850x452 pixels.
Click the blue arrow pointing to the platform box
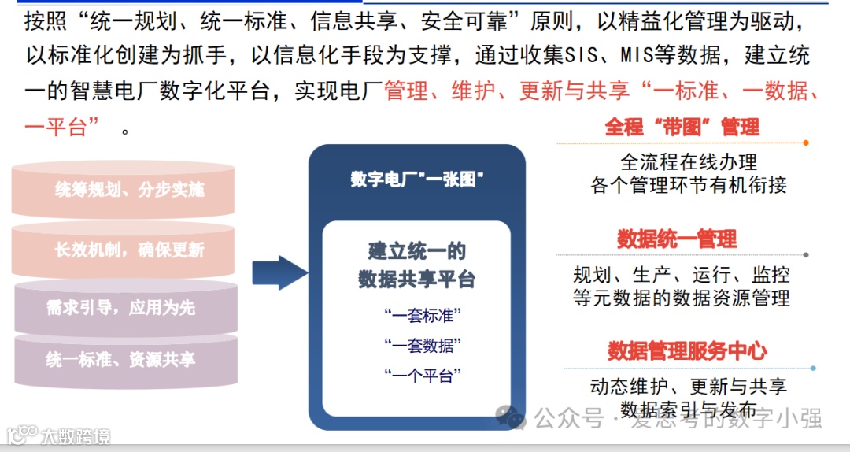[x=279, y=272]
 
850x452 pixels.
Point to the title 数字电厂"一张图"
[x=416, y=179]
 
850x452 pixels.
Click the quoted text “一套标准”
[x=423, y=316]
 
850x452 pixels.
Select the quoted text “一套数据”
[x=423, y=345]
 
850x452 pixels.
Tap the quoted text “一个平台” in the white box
[x=423, y=375]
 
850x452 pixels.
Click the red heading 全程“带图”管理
[x=682, y=127]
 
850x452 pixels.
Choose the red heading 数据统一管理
[x=677, y=239]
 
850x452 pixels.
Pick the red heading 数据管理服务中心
[x=687, y=351]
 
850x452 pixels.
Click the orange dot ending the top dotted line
[x=806, y=143]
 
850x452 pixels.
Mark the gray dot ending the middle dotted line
[x=806, y=255]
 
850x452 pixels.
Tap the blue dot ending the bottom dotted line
[x=813, y=368]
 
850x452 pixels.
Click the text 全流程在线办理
[x=689, y=162]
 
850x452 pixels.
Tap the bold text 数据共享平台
[x=417, y=279]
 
